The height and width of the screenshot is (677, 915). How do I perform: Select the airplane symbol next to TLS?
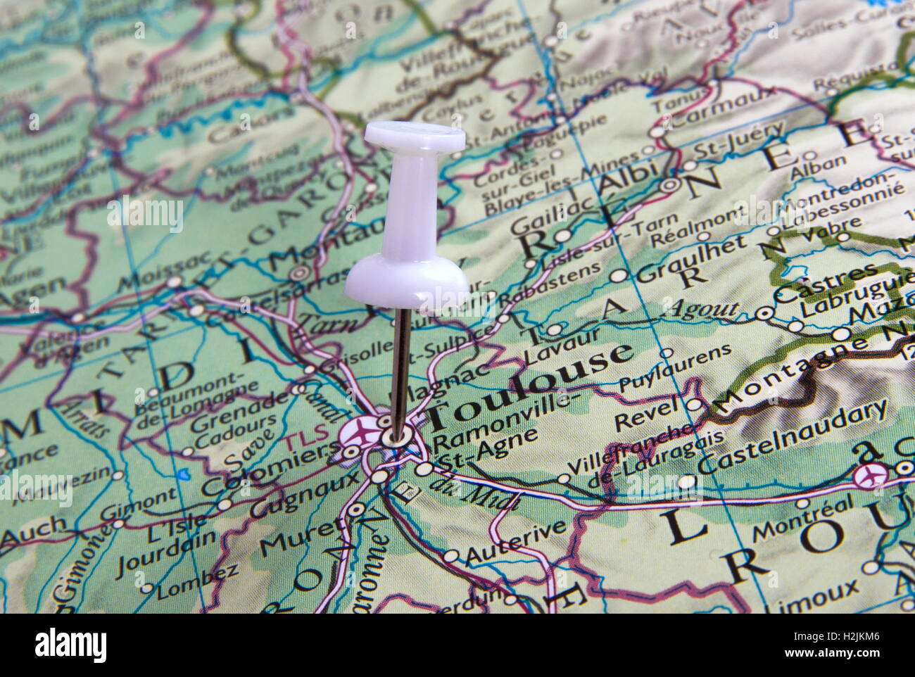coord(359,430)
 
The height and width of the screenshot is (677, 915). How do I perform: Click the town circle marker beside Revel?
coord(694,404)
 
